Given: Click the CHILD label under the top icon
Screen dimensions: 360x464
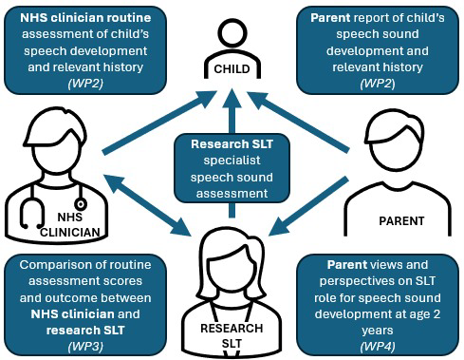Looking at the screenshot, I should pyautogui.click(x=232, y=68).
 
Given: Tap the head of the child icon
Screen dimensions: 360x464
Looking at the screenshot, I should pyautogui.click(x=232, y=28).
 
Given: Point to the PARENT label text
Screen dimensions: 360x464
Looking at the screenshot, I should pyautogui.click(x=401, y=220).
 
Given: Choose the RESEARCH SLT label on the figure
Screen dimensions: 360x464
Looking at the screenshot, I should pyautogui.click(x=232, y=335).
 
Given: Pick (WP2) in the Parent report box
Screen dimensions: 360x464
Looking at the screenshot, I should pyautogui.click(x=383, y=83).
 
